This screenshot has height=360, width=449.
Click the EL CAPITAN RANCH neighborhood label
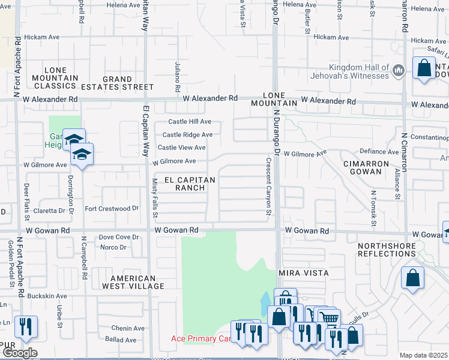point(181,183)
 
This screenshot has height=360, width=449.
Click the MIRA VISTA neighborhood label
point(303,272)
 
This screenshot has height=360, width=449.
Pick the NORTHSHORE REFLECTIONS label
point(386,250)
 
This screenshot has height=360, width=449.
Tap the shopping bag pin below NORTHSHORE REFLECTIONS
point(412,278)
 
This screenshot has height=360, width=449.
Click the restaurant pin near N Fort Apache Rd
point(26,328)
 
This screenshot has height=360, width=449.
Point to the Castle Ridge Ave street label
point(187,135)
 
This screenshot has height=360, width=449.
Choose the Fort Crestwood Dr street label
point(112,209)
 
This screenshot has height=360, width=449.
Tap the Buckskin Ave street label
point(46,296)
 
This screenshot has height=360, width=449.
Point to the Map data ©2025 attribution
point(423,355)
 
